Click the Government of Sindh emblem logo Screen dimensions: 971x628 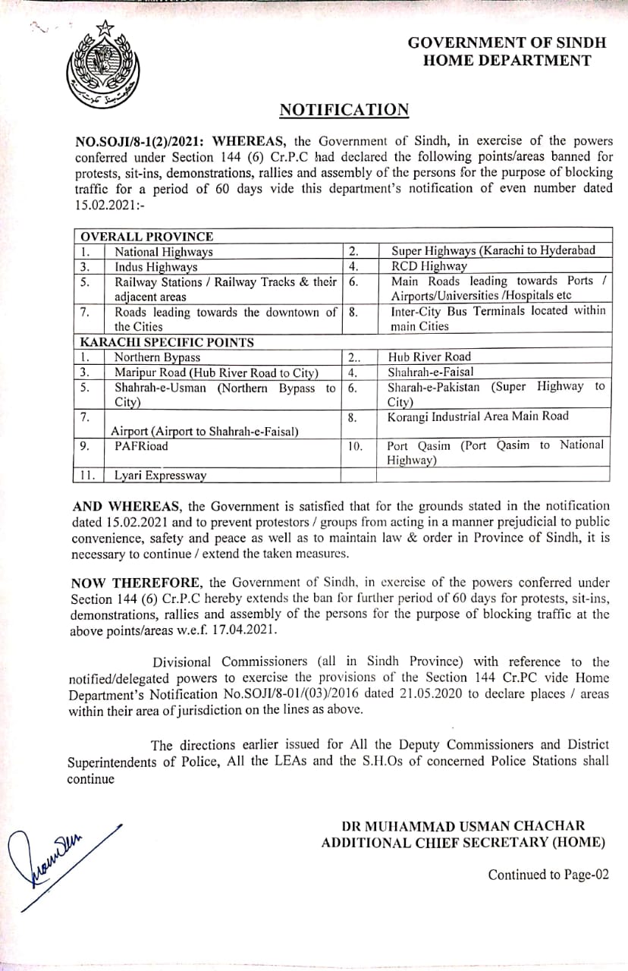tap(100, 67)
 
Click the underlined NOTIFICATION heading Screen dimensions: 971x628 tap(344, 110)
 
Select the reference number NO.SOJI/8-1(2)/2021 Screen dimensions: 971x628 tap(140, 140)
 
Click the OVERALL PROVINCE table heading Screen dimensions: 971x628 tap(147, 237)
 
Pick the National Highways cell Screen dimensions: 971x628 tap(164, 252)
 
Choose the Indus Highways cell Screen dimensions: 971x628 tap(156, 266)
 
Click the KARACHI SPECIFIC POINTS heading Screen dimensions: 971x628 tap(168, 341)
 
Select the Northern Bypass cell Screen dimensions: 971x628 tap(158, 357)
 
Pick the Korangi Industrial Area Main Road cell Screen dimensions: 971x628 tap(478, 416)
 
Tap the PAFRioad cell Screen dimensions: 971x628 tap(142, 446)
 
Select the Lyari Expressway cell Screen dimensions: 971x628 tap(160, 476)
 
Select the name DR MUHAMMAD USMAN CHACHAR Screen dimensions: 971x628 tap(463, 825)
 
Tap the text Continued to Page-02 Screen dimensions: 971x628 tap(548, 875)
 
